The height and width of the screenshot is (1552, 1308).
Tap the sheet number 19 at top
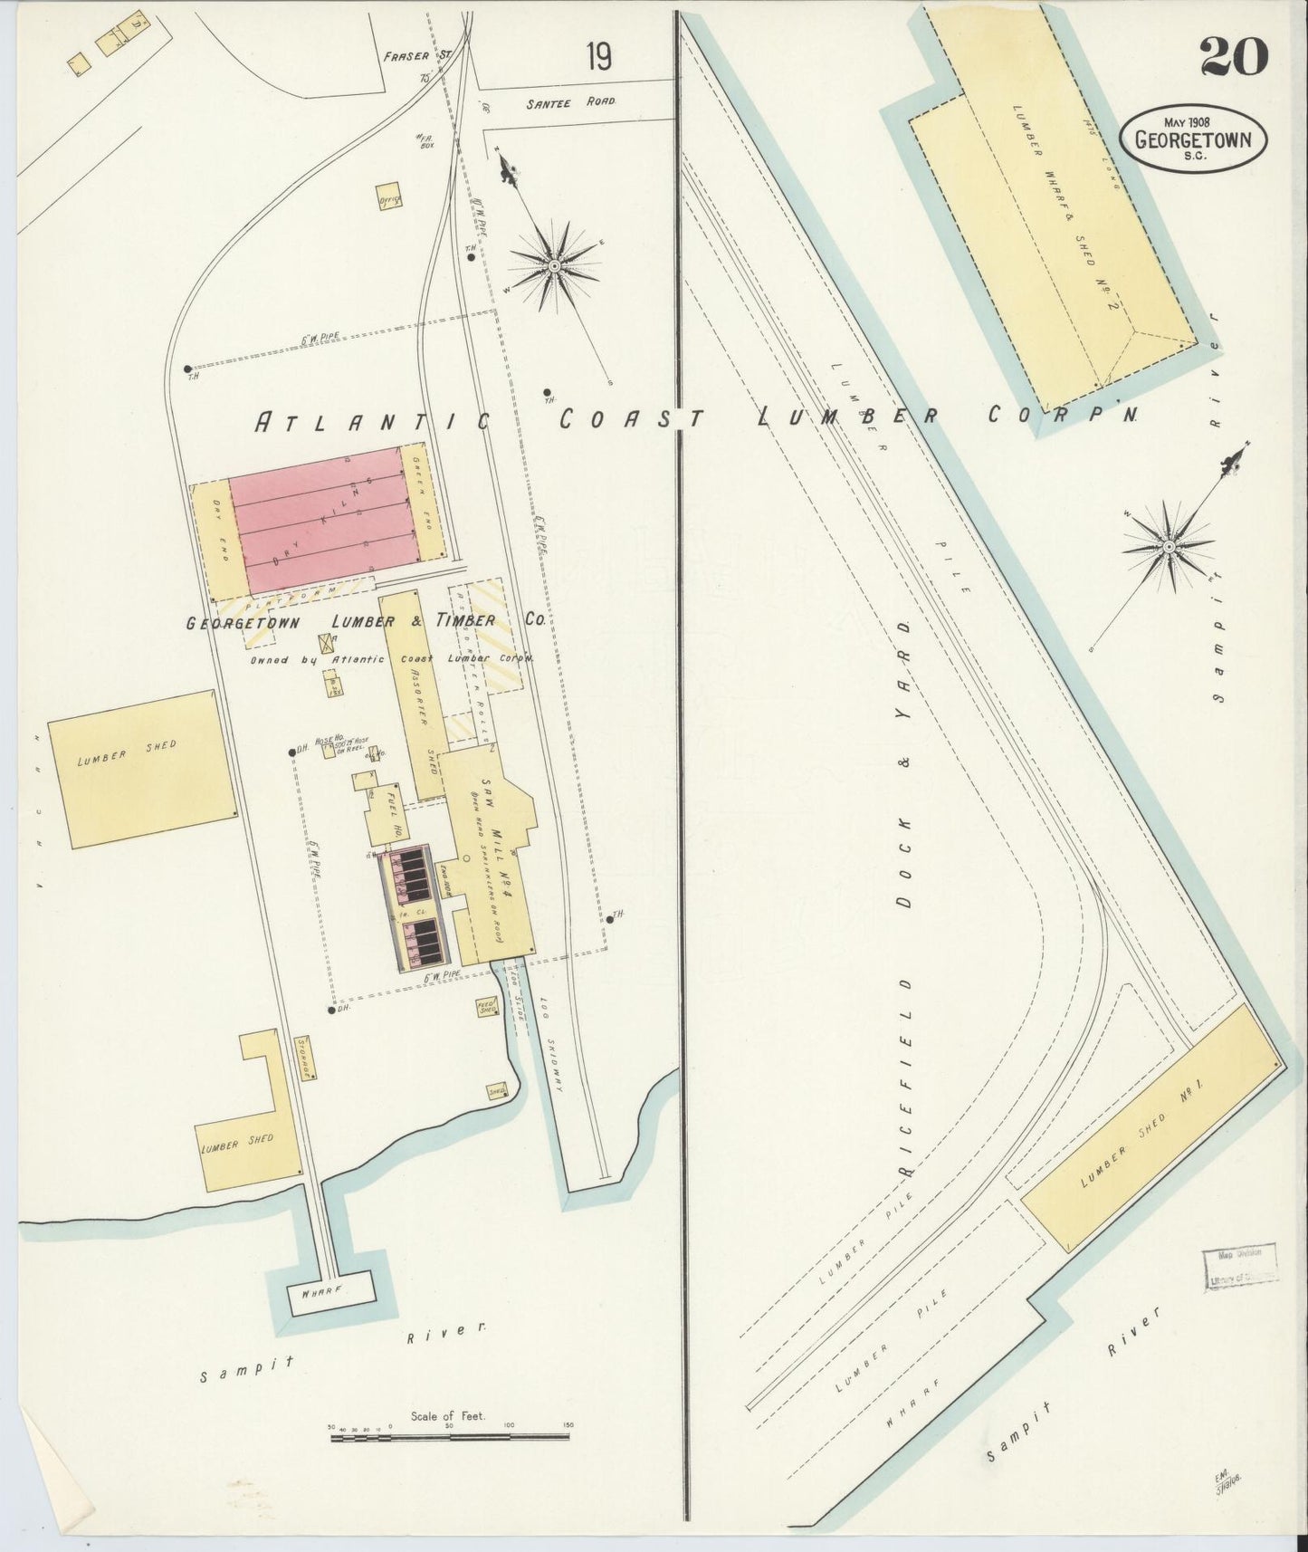coord(597,57)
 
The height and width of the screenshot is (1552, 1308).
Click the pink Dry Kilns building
coord(315,520)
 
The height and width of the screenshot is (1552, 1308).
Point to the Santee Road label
coord(571,103)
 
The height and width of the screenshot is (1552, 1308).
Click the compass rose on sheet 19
coord(554,264)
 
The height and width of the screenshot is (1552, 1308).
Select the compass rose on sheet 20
coord(1169,546)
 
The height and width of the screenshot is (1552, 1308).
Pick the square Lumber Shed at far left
coord(141,769)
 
